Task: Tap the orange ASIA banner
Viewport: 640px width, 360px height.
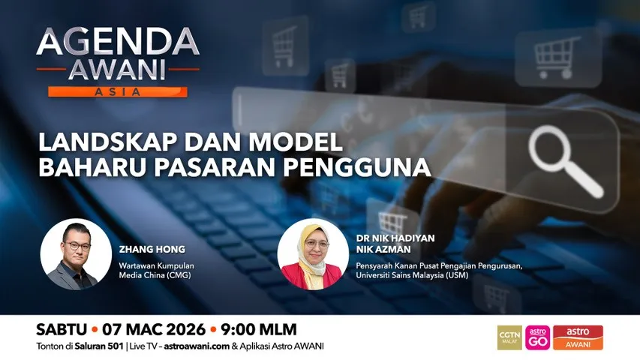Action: tap(118, 91)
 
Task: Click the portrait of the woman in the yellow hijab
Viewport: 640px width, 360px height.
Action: tap(313, 254)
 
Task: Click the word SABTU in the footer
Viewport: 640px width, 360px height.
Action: tap(62, 329)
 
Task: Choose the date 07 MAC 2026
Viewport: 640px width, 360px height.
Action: tap(154, 329)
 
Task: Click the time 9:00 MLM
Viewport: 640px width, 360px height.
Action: tap(258, 329)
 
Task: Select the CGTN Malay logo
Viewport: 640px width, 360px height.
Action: tap(510, 337)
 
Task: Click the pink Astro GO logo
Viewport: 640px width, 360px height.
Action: tap(537, 337)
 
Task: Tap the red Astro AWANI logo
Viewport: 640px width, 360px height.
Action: tap(578, 337)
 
